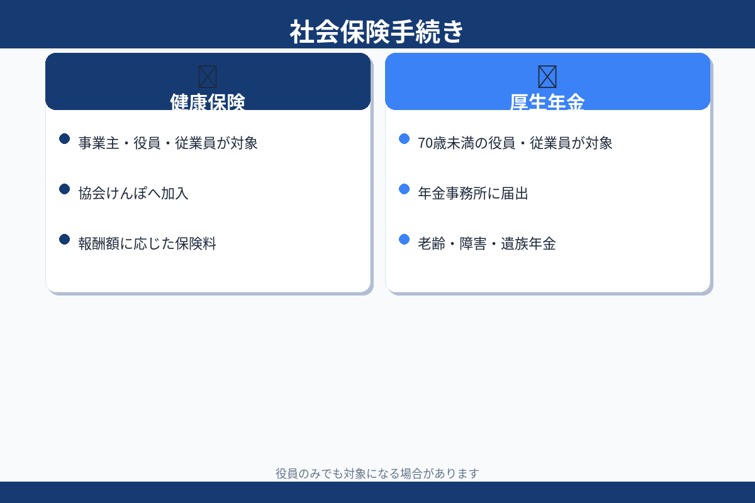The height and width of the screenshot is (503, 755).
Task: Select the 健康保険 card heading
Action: point(208,102)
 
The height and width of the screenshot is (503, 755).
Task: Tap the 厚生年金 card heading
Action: point(547,102)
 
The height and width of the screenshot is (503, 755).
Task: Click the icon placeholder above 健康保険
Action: point(208,77)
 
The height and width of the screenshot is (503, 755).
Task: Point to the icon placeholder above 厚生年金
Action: point(547,77)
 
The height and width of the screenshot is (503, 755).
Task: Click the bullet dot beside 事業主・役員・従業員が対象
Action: point(64,138)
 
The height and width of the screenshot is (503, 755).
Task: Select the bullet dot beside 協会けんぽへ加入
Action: point(64,189)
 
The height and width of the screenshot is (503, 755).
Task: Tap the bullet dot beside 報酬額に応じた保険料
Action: point(64,239)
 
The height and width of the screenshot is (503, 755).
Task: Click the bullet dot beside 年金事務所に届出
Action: point(404,189)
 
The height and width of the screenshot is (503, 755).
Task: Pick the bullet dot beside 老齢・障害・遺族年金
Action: point(404,239)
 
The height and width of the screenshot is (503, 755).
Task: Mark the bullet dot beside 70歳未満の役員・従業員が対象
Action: point(404,138)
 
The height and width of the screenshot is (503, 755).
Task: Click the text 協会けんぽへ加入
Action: point(133,193)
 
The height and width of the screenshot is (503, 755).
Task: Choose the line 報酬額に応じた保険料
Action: point(147,243)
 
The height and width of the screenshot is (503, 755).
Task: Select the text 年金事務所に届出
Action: point(473,193)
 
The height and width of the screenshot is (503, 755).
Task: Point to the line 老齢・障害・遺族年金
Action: point(487,243)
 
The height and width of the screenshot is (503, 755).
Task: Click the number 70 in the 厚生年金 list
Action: point(425,143)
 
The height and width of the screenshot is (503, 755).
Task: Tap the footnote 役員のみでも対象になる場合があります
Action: point(377,473)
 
